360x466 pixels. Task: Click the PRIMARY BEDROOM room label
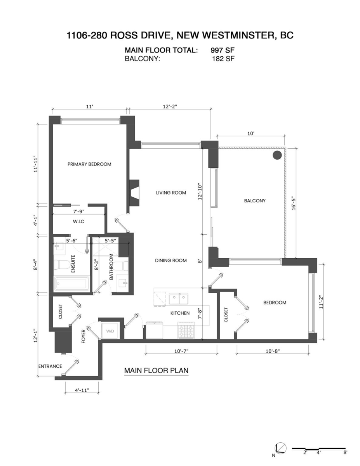(x=89, y=164)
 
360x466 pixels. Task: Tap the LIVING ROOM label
(x=171, y=193)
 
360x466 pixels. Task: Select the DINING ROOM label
(x=171, y=261)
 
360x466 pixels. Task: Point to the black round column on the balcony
(x=277, y=155)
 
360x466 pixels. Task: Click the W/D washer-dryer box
(x=110, y=331)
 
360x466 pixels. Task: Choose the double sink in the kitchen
(x=179, y=299)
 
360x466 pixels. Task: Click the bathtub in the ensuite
(x=71, y=284)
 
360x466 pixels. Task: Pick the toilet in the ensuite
(x=61, y=265)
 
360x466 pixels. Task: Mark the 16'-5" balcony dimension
(x=294, y=204)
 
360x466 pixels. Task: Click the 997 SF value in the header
(x=223, y=50)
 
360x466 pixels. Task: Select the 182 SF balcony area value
(x=223, y=59)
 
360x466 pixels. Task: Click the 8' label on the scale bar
(x=345, y=452)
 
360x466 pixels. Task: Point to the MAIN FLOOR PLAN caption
(x=156, y=370)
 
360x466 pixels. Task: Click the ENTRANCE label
(x=50, y=366)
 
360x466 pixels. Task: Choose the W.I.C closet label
(x=78, y=221)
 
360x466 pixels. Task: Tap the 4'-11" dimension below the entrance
(x=82, y=390)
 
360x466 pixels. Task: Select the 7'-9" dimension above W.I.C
(x=79, y=212)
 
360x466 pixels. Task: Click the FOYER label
(x=83, y=336)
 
